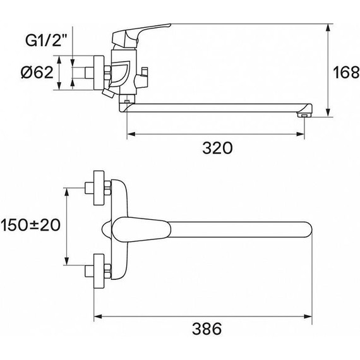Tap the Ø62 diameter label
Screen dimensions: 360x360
pos(37,73)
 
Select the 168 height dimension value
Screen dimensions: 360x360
pos(346,72)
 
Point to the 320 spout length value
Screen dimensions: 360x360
pos(217,148)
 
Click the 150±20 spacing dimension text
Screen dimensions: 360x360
pos(30,225)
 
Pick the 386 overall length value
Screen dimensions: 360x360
pos(207,329)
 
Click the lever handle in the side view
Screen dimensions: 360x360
pos(141,35)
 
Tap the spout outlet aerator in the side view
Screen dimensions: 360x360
pos(304,114)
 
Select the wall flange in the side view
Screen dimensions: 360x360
pos(99,73)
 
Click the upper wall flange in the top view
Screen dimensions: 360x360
pos(99,188)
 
